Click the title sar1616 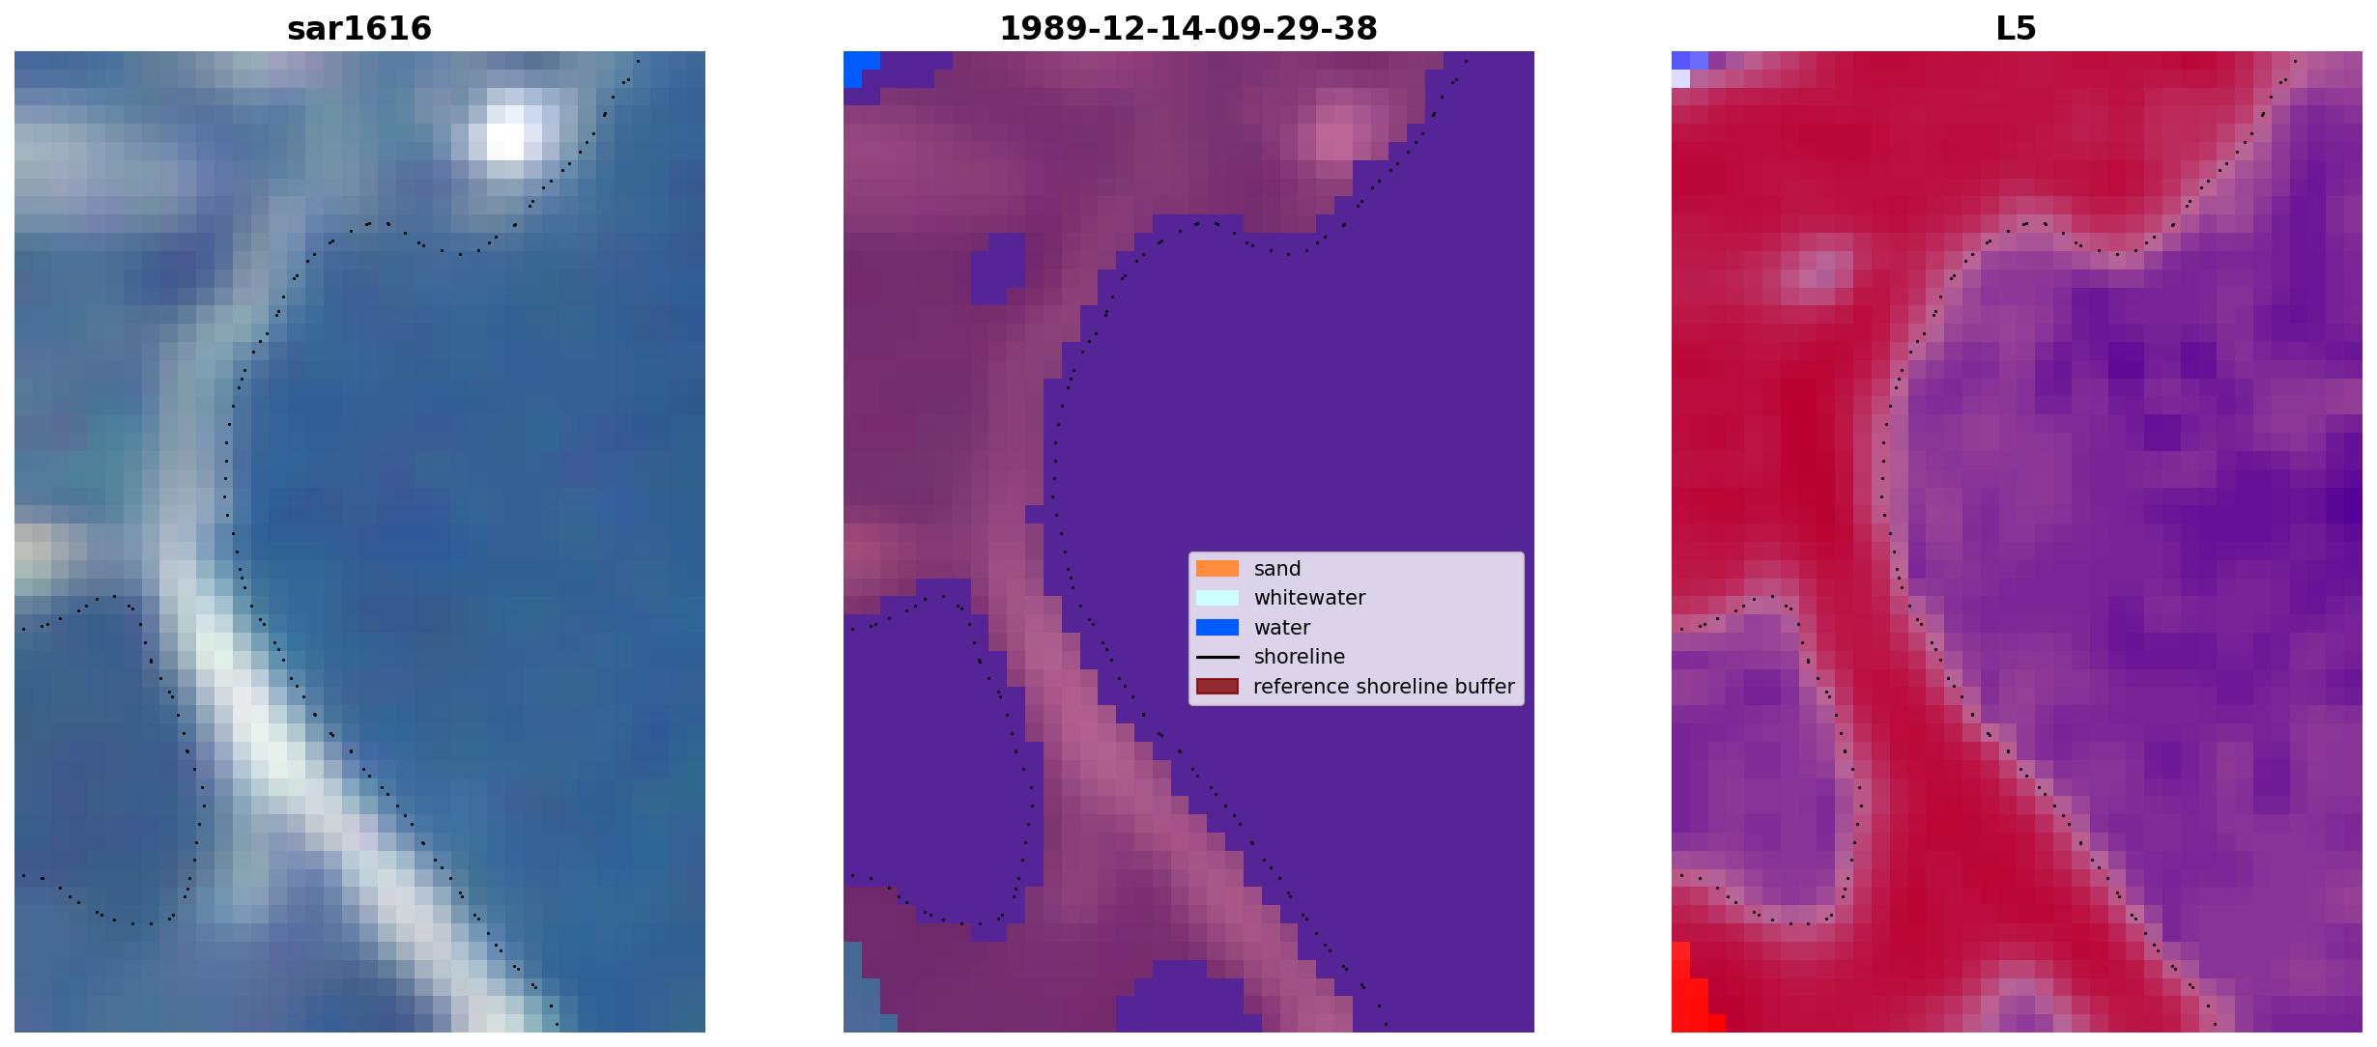coord(359,29)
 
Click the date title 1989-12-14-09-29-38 coord(1188,29)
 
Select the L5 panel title coord(2017,29)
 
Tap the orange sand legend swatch coord(1217,569)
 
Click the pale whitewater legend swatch coord(1217,598)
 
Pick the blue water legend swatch coord(1217,628)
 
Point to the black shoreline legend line coord(1217,657)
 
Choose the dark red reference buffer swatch coord(1217,687)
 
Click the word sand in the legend coord(1277,569)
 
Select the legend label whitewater coord(1309,598)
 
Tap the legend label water coord(1282,628)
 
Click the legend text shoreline coord(1300,657)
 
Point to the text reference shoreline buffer coord(1384,687)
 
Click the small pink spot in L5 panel coord(1817,269)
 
